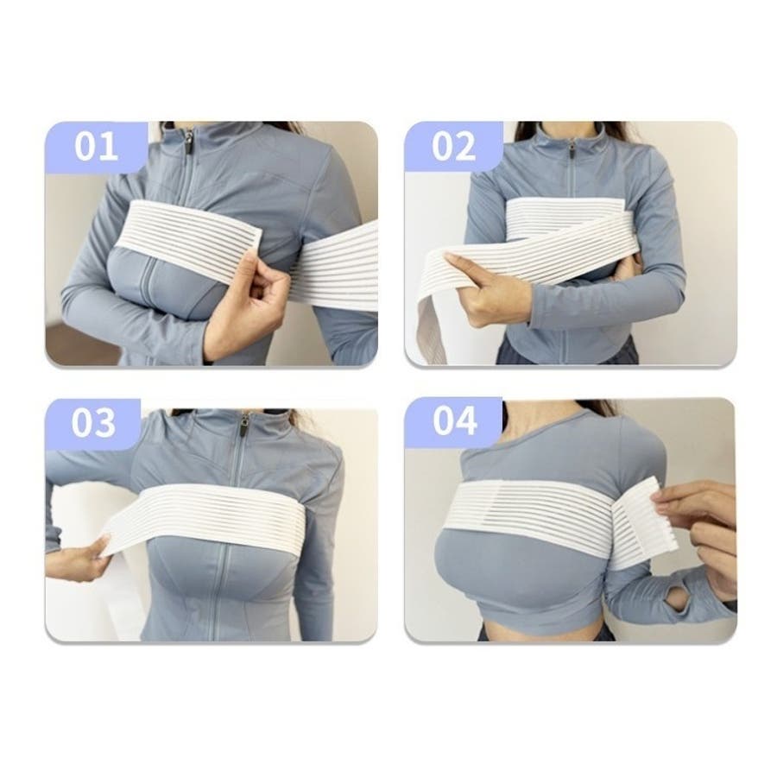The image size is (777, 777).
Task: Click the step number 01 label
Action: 96,146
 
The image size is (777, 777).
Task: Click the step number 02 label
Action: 453,146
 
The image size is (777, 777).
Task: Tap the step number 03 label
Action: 93,423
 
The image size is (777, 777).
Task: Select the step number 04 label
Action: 455,420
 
